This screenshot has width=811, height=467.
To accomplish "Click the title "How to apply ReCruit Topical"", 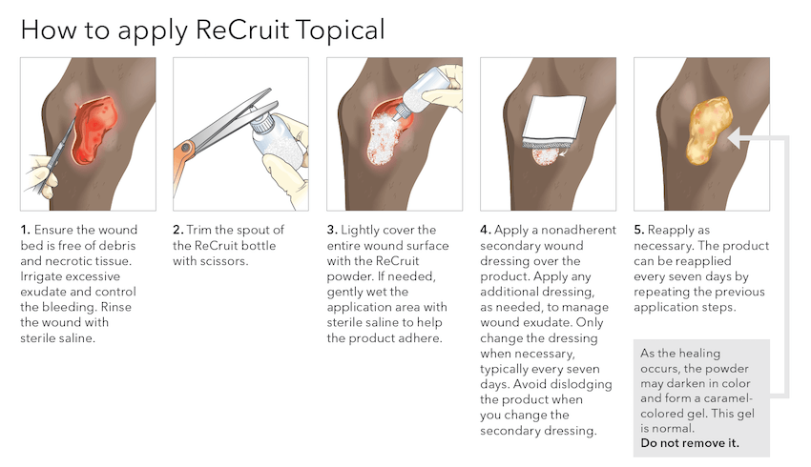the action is [x=202, y=30].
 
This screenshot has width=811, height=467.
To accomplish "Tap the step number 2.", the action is [x=177, y=230].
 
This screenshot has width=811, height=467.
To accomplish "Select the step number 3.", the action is [x=331, y=230].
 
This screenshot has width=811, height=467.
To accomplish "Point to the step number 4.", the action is [x=485, y=230].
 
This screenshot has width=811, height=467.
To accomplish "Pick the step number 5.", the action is [x=638, y=230].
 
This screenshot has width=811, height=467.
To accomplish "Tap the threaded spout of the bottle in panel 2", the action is [x=261, y=122].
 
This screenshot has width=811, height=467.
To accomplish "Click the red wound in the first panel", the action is [x=94, y=130].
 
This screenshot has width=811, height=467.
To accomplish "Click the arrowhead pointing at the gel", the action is [x=734, y=137].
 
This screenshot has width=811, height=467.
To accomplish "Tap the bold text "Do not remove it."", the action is [x=690, y=443].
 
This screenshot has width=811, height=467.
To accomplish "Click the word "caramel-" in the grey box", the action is [x=727, y=398].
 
